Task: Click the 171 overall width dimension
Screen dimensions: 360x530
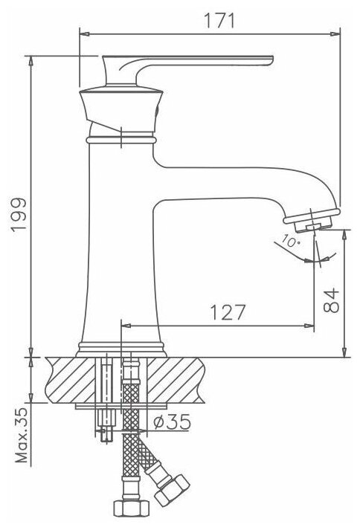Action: click(x=219, y=21)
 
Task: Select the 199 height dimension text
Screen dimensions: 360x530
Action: click(x=19, y=215)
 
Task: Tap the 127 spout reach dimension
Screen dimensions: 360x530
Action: click(x=228, y=312)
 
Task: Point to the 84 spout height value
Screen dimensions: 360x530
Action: click(x=331, y=300)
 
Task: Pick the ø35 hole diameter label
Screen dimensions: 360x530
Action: click(x=172, y=421)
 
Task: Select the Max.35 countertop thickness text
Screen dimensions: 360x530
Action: click(x=22, y=436)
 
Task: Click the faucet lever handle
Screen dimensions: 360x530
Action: click(x=187, y=69)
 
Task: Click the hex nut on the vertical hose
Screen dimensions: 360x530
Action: click(x=131, y=508)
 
